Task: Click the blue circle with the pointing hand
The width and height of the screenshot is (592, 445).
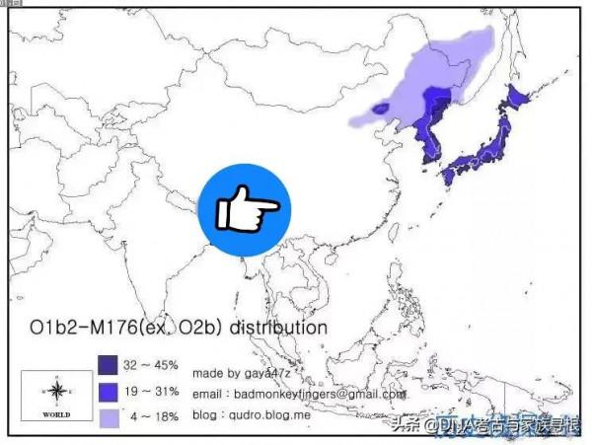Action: [245, 208]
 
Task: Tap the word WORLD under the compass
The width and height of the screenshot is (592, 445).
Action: [56, 414]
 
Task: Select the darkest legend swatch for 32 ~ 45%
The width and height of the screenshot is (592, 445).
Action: [109, 365]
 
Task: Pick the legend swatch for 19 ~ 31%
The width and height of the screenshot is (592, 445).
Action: [109, 391]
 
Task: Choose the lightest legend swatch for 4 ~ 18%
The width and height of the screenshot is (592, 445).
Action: [109, 417]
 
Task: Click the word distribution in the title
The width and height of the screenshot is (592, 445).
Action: [280, 326]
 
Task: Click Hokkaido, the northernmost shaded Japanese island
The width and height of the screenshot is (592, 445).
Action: [518, 100]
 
